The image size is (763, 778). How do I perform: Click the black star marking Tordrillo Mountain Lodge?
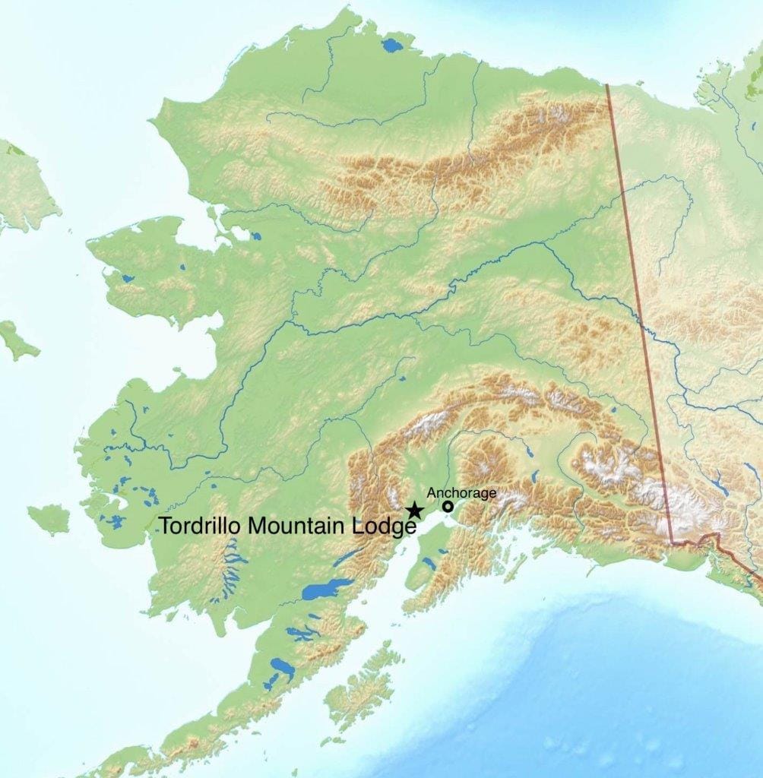(x=414, y=510)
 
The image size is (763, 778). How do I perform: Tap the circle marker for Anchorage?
(x=448, y=506)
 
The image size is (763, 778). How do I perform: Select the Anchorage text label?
(x=461, y=493)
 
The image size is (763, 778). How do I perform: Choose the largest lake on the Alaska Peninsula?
(x=282, y=668)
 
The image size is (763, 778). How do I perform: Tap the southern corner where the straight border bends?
(x=673, y=542)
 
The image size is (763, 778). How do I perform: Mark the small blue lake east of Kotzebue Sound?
(x=255, y=236)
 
